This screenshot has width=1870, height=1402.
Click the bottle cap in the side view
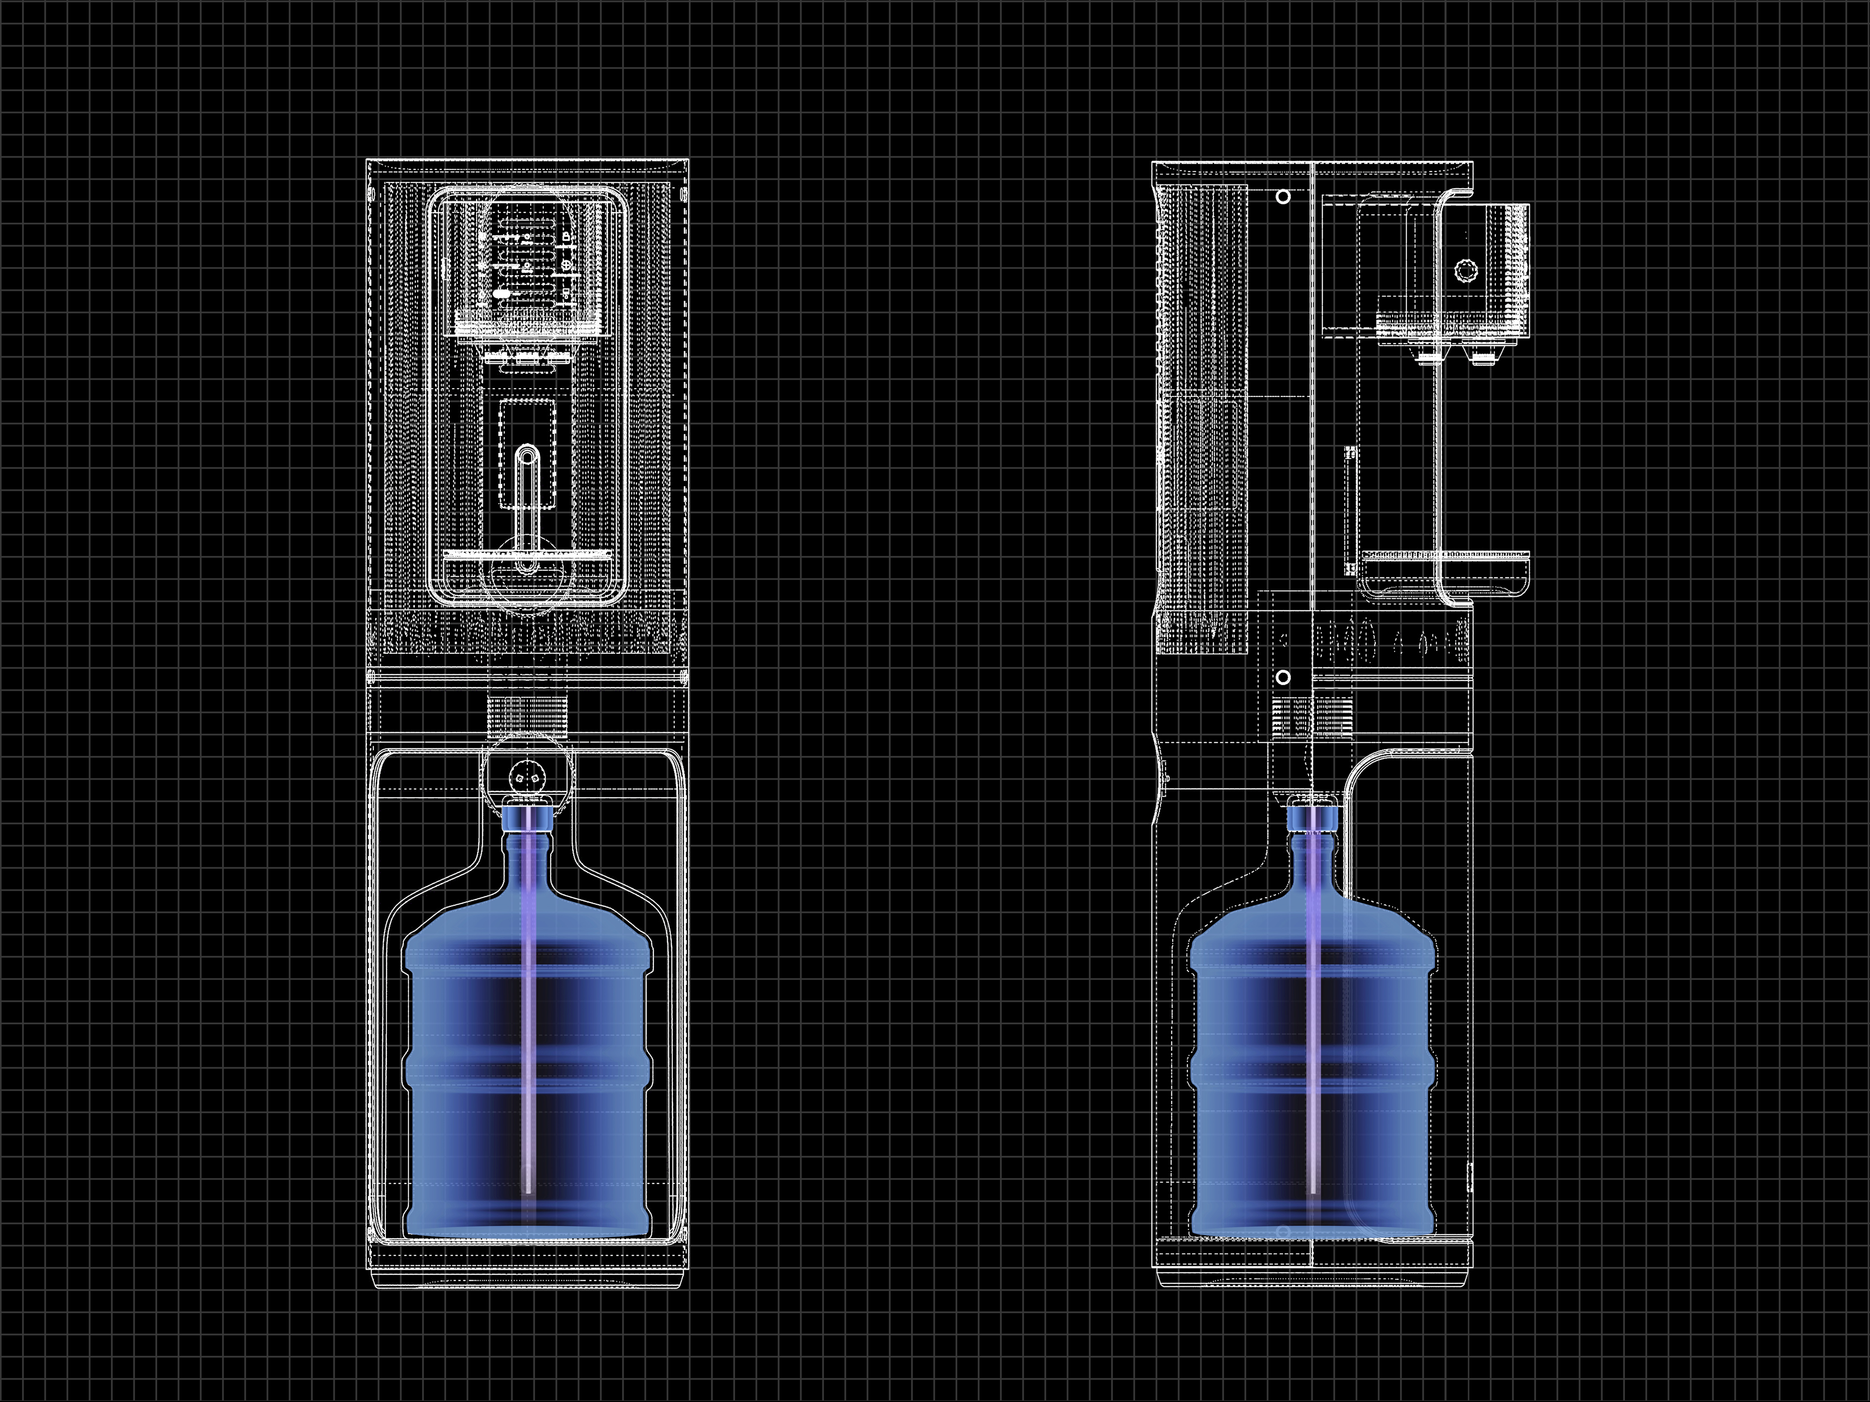[1313, 818]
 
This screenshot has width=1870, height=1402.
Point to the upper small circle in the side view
[1283, 197]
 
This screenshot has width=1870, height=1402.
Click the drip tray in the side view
[1444, 558]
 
